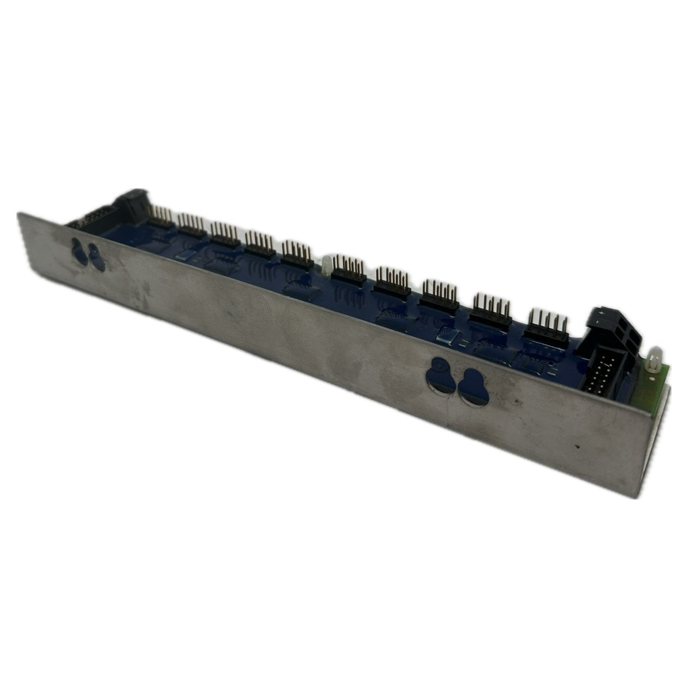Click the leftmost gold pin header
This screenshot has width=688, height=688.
click(x=162, y=219)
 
